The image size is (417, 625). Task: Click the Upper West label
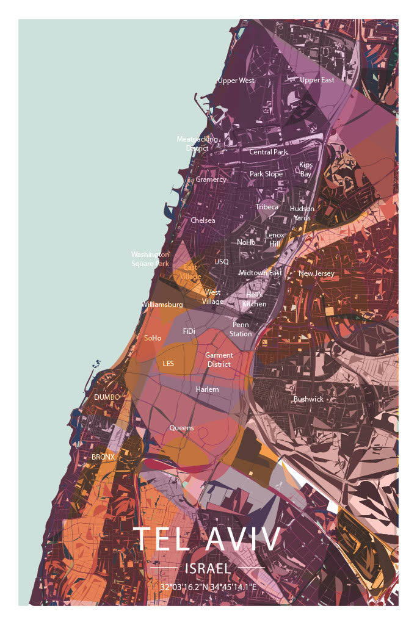[236, 81]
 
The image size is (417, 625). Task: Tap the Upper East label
[317, 80]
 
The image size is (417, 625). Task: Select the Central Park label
[268, 152]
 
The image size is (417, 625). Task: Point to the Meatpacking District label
[197, 143]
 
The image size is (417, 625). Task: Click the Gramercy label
[211, 179]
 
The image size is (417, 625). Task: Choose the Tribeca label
[267, 207]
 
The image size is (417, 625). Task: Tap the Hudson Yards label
[302, 213]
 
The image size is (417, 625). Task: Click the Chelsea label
[203, 220]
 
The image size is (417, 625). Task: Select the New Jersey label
[316, 273]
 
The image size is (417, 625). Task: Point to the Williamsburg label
[162, 304]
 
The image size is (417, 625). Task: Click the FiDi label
[189, 331]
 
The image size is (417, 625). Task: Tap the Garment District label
[219, 359]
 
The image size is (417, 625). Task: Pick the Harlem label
[207, 389]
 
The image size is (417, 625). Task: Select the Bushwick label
[308, 399]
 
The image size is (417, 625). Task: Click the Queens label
[181, 428]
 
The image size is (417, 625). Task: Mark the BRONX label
[103, 457]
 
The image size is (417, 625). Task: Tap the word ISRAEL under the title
[208, 569]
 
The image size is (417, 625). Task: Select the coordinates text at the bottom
[208, 587]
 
